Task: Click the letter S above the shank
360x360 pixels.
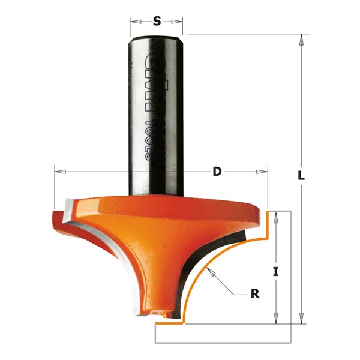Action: pyautogui.click(x=157, y=22)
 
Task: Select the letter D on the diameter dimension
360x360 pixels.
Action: pyautogui.click(x=217, y=172)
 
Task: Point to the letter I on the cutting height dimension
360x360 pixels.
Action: pyautogui.click(x=275, y=271)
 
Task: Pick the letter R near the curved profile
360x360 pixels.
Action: pyautogui.click(x=254, y=294)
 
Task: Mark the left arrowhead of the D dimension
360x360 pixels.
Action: pyautogui.click(x=58, y=172)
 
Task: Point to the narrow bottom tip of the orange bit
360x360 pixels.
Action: pyautogui.click(x=157, y=311)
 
